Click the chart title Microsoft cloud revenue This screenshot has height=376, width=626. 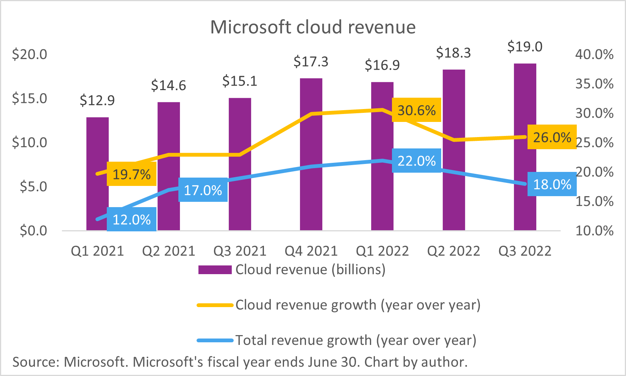coord(313,27)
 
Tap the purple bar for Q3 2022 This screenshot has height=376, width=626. coord(525,114)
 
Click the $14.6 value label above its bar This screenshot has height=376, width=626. coord(169,86)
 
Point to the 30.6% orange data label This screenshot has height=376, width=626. coord(416,110)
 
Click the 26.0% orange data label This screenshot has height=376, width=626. coord(552,137)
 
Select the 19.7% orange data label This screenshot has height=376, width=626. coord(131,174)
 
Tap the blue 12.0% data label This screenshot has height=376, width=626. coord(131,219)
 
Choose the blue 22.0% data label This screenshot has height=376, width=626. coord(416,161)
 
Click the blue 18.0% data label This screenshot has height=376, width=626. coord(552,184)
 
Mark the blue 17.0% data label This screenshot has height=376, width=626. coord(203,190)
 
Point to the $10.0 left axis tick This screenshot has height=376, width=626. coord(30,142)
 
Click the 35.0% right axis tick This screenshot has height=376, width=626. coord(594,84)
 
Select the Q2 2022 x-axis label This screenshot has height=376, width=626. coord(453,251)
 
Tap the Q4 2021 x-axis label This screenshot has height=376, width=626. coord(311,251)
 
